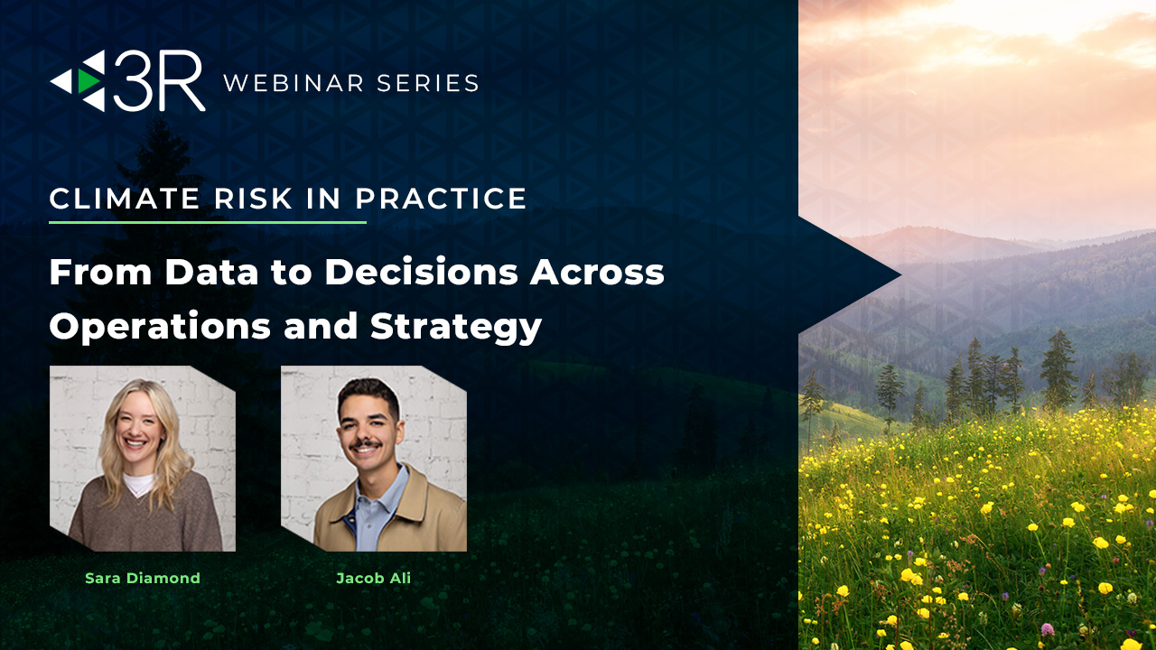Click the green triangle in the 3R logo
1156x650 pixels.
89,81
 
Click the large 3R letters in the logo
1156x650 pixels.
159,81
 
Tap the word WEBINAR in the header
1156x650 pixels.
294,83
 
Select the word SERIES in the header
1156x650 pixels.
427,83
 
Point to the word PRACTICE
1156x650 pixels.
441,199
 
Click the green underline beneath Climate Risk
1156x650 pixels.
208,222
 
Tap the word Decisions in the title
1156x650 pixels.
421,272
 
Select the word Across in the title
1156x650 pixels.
597,272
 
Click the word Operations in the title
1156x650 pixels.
160,327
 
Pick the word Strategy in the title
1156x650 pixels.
456,327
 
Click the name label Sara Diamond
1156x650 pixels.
143,579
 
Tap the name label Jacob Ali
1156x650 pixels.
374,579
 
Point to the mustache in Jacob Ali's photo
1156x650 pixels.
365,444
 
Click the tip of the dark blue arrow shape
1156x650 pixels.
901,275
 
